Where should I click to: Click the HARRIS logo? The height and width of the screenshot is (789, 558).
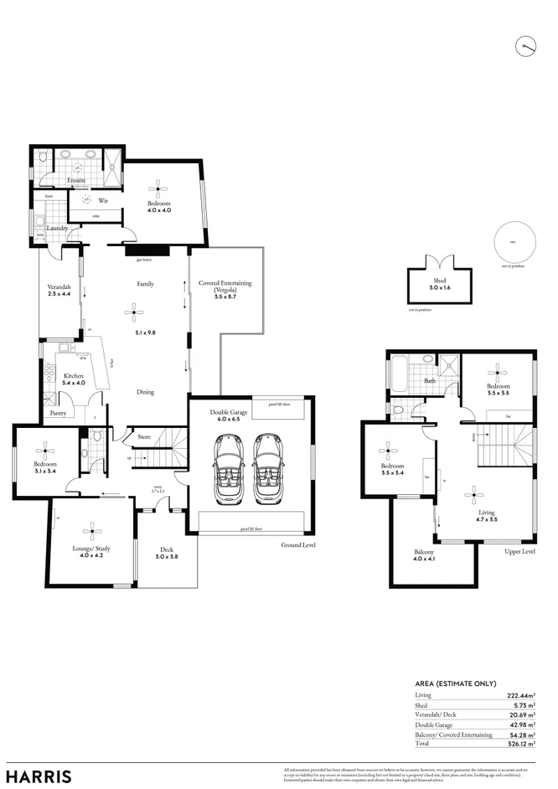coord(39,776)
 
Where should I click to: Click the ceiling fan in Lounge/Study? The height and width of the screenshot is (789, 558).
coord(91,529)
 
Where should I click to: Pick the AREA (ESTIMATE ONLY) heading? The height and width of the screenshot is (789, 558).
coord(456,683)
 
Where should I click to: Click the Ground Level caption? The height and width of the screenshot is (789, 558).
coord(298,544)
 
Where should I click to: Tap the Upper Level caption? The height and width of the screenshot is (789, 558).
coord(519,553)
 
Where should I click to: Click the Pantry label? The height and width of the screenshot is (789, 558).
coord(58,413)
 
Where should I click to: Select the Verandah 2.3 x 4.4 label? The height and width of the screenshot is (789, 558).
coord(59,291)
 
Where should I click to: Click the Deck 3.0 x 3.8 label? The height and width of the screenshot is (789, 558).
coord(167,553)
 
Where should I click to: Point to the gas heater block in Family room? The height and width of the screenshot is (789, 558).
coord(146,250)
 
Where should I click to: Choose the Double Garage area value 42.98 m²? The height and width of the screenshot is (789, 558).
coord(521,724)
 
